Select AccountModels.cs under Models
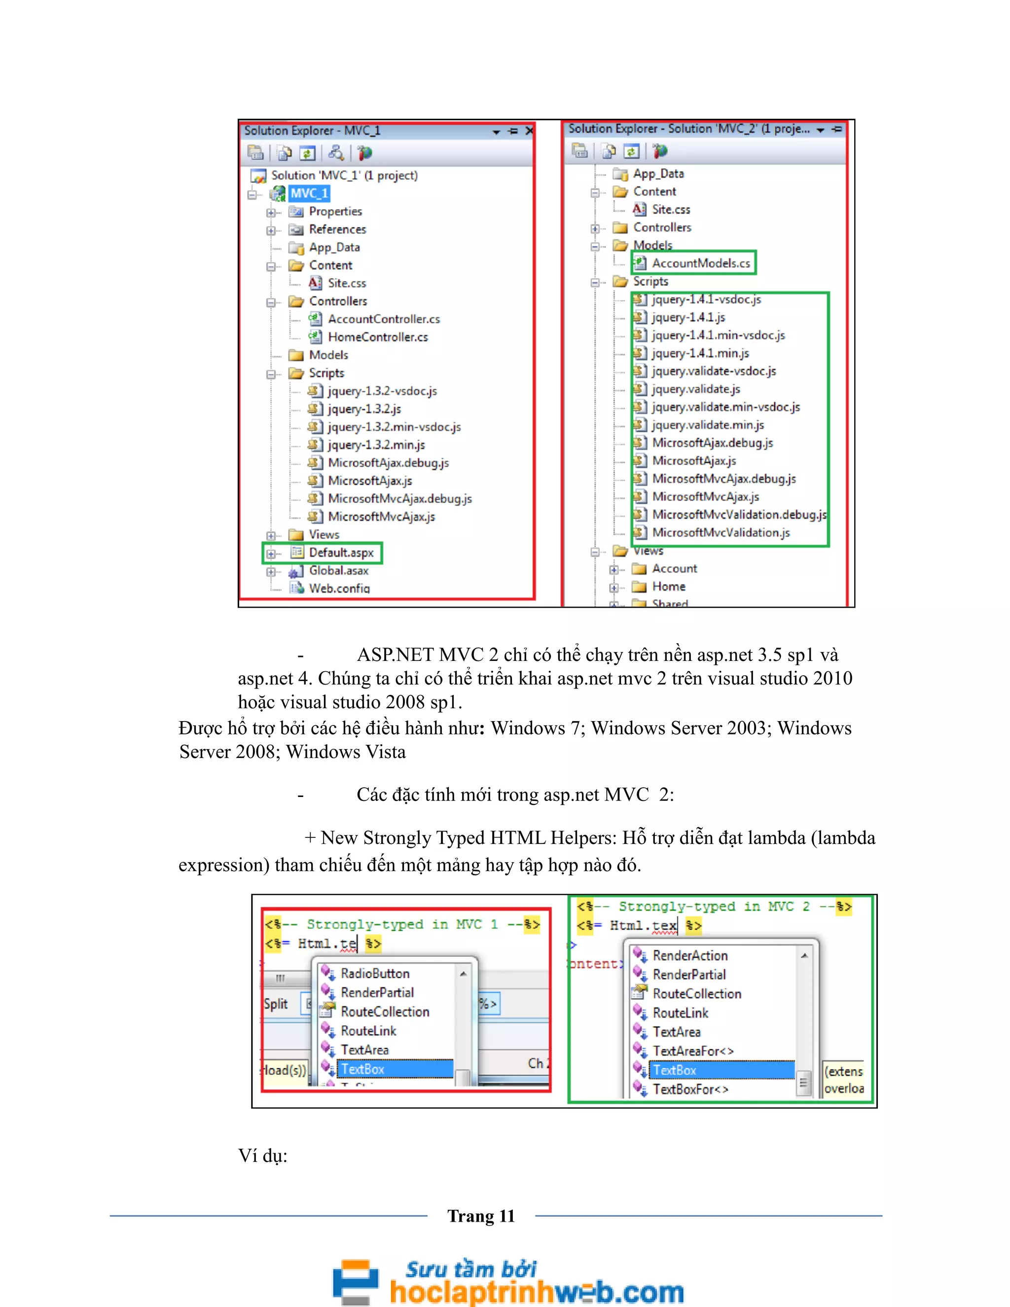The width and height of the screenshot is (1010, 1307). (x=701, y=263)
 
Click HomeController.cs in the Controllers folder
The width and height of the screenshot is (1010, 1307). (x=378, y=337)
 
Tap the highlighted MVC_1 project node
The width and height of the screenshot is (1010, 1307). (x=309, y=193)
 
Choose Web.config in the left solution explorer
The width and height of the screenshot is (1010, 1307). (x=339, y=588)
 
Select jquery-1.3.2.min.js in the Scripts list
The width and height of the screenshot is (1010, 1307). (x=376, y=445)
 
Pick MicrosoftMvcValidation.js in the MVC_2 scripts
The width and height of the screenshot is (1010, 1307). (x=721, y=533)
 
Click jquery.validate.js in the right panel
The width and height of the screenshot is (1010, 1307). (x=695, y=389)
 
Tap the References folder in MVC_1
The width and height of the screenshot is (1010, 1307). (x=337, y=229)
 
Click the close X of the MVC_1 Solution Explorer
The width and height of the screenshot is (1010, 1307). (x=529, y=131)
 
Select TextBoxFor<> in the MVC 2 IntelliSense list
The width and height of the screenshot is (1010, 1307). (x=690, y=1089)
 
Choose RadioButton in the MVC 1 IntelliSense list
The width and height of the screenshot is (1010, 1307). (x=375, y=974)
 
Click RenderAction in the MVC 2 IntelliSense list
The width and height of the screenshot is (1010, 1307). (x=690, y=956)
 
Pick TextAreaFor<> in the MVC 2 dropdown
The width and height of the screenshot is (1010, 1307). (x=692, y=1051)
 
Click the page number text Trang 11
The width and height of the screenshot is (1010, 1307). (x=481, y=1216)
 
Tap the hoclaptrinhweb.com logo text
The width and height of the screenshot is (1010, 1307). (x=536, y=1291)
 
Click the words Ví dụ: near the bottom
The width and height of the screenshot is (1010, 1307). (x=263, y=1155)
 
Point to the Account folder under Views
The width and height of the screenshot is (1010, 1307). (x=674, y=569)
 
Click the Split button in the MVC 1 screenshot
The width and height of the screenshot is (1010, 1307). (x=276, y=1004)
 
